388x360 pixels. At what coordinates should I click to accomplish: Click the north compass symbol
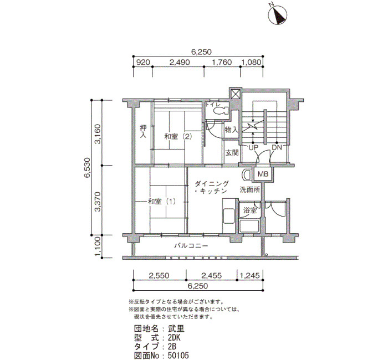(x=277, y=15)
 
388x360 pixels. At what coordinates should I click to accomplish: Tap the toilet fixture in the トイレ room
(x=221, y=110)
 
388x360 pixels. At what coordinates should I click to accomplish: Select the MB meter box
(x=263, y=174)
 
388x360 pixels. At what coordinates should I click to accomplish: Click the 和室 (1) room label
(x=162, y=202)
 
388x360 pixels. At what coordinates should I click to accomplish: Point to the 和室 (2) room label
(x=178, y=136)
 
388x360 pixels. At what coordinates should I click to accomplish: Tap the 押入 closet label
(x=143, y=132)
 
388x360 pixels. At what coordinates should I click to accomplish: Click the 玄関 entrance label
(x=232, y=153)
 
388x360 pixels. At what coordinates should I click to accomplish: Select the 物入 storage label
(x=232, y=130)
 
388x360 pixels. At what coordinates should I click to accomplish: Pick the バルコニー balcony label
(x=191, y=246)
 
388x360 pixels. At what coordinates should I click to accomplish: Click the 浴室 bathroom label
(x=250, y=210)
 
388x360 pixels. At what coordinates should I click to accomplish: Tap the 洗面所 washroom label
(x=249, y=190)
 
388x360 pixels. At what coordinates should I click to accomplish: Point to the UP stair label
(x=253, y=148)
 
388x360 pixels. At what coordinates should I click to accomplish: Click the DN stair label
(x=277, y=148)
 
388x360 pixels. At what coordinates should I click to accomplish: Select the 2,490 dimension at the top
(x=180, y=62)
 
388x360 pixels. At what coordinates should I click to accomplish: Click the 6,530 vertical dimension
(x=87, y=167)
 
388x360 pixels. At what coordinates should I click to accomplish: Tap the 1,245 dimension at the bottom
(x=250, y=275)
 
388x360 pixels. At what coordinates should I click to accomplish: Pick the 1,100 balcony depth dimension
(x=98, y=246)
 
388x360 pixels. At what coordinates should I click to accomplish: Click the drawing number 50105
(x=178, y=356)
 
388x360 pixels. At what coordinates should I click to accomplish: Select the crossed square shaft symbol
(x=236, y=94)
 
